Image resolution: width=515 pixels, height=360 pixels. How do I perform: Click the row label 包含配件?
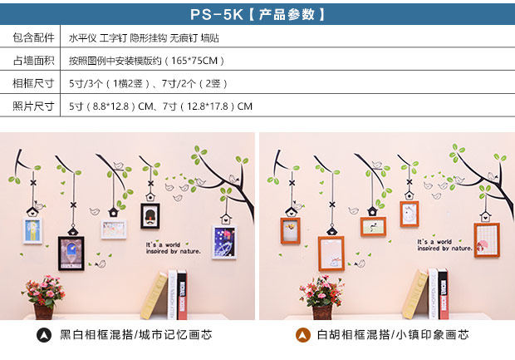pos(33,38)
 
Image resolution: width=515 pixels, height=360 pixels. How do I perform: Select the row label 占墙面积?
pos(33,61)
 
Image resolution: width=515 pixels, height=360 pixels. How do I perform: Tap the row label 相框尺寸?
pos(33,83)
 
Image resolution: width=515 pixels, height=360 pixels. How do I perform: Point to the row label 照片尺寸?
pos(33,106)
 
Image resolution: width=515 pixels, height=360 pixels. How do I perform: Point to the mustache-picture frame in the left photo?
pos(150,217)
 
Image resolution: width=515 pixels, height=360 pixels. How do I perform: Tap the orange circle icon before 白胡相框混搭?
pos(304,335)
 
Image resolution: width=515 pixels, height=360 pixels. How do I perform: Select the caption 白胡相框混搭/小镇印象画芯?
pos(393,335)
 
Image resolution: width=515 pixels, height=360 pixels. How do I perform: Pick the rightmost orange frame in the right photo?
pos(485,239)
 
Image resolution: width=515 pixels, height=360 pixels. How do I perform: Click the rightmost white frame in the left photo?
pos(223,242)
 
